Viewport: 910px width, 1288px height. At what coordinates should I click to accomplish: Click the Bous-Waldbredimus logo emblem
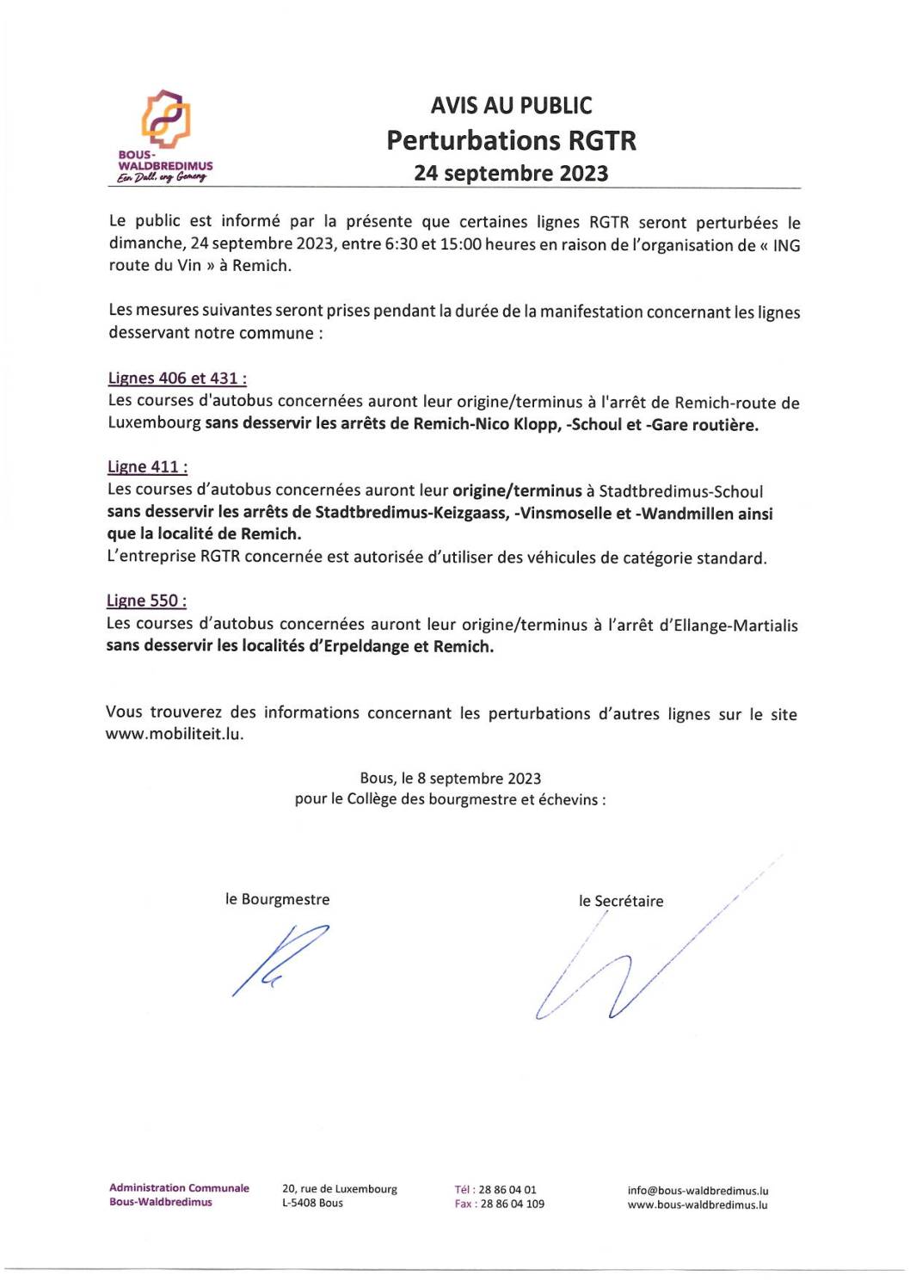pyautogui.click(x=166, y=118)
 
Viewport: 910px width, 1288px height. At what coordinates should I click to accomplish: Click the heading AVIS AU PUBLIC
pyautogui.click(x=511, y=106)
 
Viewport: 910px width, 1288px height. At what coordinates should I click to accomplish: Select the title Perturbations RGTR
pyautogui.click(x=511, y=140)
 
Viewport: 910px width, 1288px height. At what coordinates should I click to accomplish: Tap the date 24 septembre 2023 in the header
pyautogui.click(x=511, y=173)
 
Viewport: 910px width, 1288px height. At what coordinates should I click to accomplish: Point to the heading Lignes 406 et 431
pyautogui.click(x=177, y=378)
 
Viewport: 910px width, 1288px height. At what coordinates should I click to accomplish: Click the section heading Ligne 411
pyautogui.click(x=147, y=466)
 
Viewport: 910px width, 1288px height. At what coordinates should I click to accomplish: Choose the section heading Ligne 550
pyautogui.click(x=146, y=601)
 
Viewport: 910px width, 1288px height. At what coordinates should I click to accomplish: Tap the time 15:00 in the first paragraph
pyautogui.click(x=461, y=244)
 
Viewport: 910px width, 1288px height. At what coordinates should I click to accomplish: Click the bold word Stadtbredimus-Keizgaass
pyautogui.click(x=410, y=513)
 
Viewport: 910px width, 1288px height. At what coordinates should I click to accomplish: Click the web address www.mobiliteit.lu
pyautogui.click(x=174, y=734)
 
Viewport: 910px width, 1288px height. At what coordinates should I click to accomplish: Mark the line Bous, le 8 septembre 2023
pyautogui.click(x=450, y=778)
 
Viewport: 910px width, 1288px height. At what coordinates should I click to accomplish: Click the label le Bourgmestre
pyautogui.click(x=277, y=899)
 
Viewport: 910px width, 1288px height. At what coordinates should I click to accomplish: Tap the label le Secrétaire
pyautogui.click(x=621, y=901)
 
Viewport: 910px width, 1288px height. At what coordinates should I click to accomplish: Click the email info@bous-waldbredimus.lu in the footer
pyautogui.click(x=698, y=1191)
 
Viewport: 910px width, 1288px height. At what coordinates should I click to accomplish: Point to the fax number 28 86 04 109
pyautogui.click(x=512, y=1204)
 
